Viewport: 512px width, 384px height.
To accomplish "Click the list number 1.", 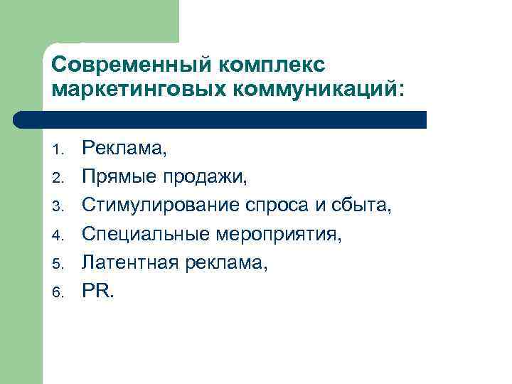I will pyautogui.click(x=58, y=149).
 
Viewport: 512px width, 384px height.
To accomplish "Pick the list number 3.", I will pyautogui.click(x=58, y=206).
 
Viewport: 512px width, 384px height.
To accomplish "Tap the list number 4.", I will pyautogui.click(x=58, y=235).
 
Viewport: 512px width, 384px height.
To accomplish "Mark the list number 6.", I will pyautogui.click(x=58, y=292).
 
